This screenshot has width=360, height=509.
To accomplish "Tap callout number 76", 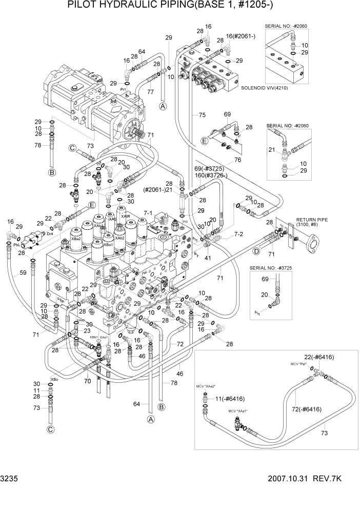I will [237, 161].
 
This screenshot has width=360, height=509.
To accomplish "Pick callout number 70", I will [87, 381].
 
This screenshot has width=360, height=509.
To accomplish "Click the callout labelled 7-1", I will [149, 211].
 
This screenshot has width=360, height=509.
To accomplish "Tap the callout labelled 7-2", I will [239, 234].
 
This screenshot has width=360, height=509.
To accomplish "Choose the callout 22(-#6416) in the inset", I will [320, 356].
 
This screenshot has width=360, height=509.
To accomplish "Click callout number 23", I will [88, 331].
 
